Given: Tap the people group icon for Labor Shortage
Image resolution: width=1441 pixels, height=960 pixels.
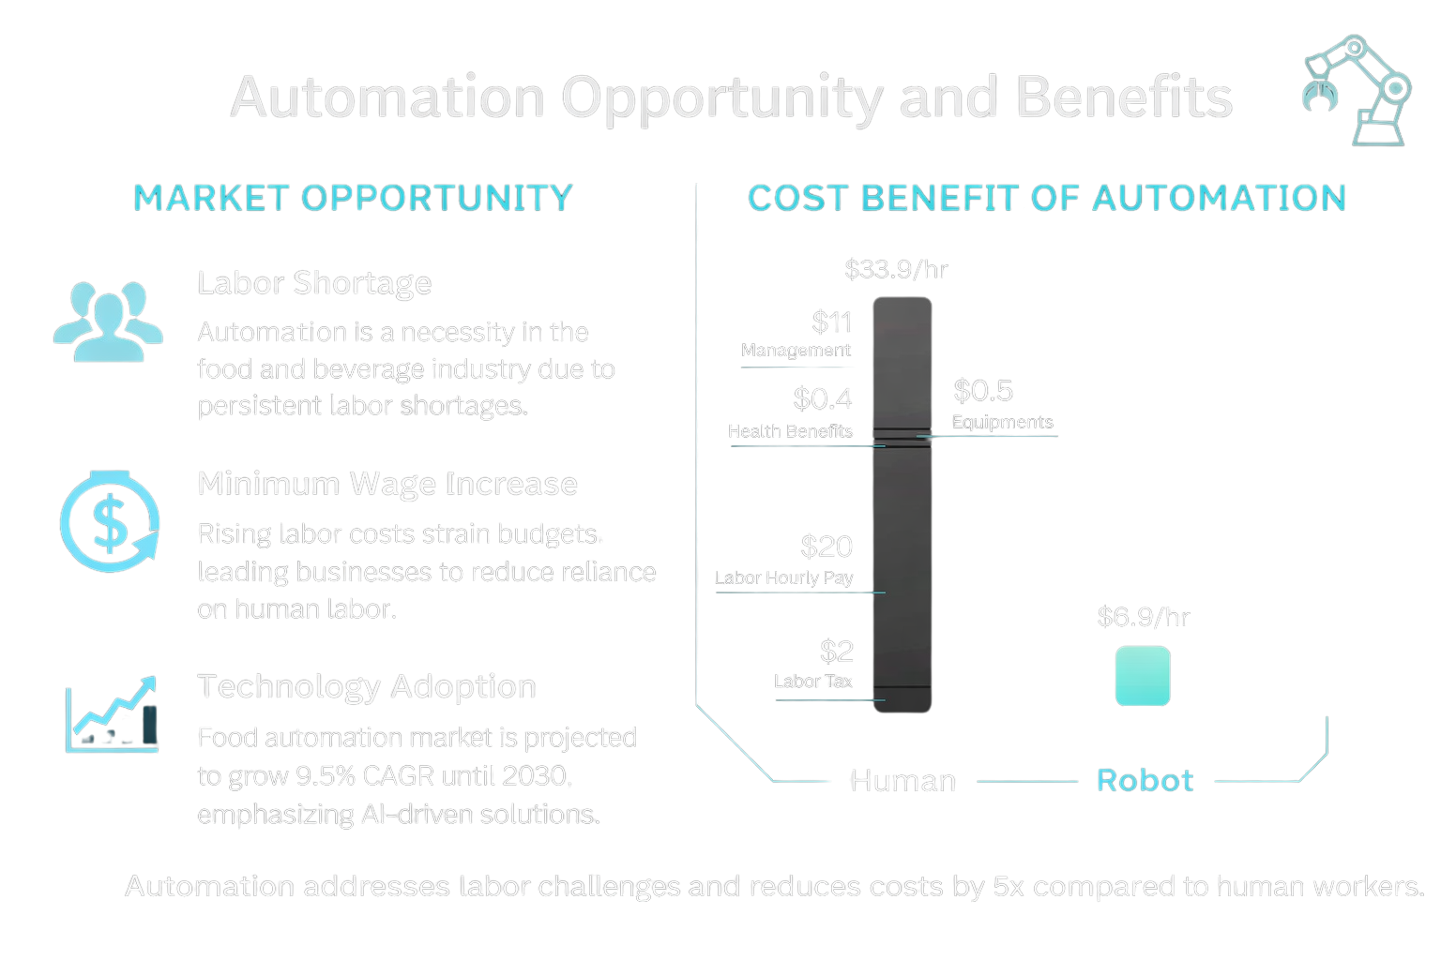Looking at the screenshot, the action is coord(108,322).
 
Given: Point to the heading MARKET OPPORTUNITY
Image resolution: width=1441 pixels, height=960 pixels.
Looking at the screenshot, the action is coord(353,198).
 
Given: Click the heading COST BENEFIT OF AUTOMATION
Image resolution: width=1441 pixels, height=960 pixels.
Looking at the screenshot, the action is coord(1047,198).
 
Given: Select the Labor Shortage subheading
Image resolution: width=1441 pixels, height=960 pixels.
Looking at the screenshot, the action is coord(314,283).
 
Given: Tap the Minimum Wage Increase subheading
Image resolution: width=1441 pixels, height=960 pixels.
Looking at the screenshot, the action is coord(387,484).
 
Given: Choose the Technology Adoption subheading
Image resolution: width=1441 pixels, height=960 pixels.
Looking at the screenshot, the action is coord(367,686).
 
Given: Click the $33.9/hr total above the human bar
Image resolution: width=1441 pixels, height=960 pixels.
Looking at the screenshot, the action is coord(896,270).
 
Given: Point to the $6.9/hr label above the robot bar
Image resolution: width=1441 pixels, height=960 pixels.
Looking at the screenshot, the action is coord(1144,617).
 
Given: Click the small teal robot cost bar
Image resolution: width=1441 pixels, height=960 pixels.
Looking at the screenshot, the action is coord(1143,676).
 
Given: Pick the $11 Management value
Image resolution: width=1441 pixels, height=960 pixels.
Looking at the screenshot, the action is coord(832,322).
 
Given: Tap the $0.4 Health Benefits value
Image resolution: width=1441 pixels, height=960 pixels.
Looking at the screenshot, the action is coord(823,399).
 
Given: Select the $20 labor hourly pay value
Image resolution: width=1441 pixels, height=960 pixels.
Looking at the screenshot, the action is coord(827,547).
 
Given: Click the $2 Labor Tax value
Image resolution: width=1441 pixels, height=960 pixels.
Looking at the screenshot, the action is coord(837,651).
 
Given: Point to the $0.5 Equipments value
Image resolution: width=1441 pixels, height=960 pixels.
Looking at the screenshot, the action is coord(983,391).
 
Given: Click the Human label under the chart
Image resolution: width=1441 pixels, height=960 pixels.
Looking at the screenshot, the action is coord(903,781).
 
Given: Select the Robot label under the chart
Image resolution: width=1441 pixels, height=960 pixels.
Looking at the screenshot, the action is coord(1145,780).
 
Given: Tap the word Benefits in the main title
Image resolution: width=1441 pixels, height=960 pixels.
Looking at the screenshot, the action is coord(1124,97).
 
